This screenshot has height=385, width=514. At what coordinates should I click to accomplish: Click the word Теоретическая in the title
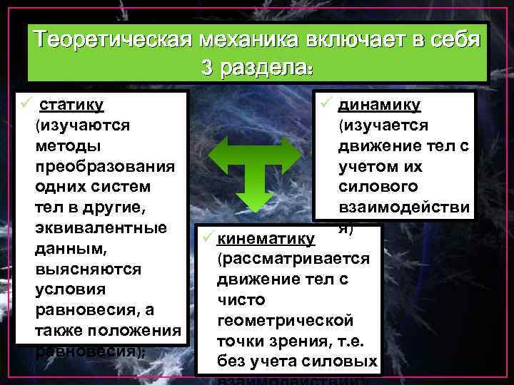click(x=117, y=39)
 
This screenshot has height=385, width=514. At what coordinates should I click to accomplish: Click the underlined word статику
click(x=72, y=105)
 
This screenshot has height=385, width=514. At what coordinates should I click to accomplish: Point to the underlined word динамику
click(x=379, y=105)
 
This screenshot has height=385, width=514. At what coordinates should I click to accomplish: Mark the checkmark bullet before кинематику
click(x=206, y=237)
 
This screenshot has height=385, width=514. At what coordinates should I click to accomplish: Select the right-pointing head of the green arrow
click(x=292, y=153)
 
